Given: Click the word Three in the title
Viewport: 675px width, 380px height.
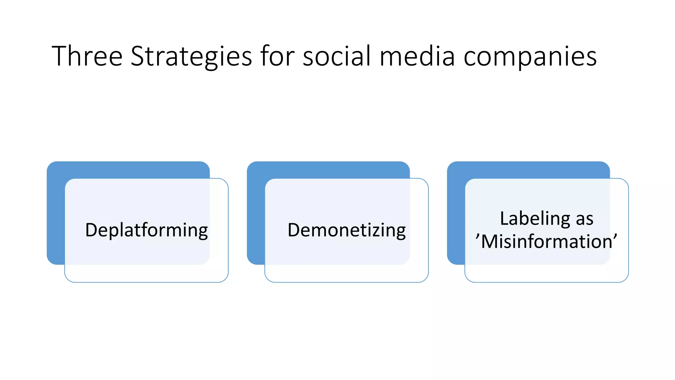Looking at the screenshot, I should pyautogui.click(x=87, y=56).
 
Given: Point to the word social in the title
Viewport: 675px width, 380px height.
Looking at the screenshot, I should pyautogui.click(x=337, y=56).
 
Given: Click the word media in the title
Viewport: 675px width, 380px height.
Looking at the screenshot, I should pyautogui.click(x=418, y=56).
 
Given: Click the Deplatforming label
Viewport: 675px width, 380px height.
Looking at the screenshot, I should pyautogui.click(x=146, y=230).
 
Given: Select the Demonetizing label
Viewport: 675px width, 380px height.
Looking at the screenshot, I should pyautogui.click(x=346, y=230).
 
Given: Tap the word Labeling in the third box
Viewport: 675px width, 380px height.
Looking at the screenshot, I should pyautogui.click(x=535, y=219).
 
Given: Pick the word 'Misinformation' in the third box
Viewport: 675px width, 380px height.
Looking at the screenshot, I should pyautogui.click(x=546, y=241).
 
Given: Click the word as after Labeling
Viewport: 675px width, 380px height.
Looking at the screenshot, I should pyautogui.click(x=584, y=219).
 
